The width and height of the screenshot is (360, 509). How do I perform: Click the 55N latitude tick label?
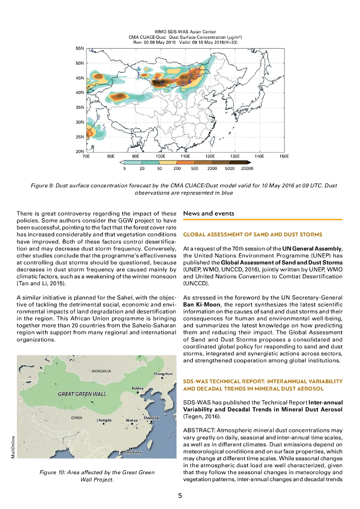click(80, 49)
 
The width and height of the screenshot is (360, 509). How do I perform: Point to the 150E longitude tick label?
click(284, 156)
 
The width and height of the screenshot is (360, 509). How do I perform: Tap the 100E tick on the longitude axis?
click(160, 156)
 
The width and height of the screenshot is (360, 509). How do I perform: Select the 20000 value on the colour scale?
click(247, 169)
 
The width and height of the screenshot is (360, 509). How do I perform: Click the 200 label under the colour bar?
click(177, 169)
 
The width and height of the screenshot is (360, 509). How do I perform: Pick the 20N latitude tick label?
click(80, 151)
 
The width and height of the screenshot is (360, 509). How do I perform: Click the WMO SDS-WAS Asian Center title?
click(180, 32)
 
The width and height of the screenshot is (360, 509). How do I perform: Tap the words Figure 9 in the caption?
click(42, 185)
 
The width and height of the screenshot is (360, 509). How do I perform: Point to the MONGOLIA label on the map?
click(101, 371)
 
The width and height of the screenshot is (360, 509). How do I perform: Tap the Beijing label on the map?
click(138, 388)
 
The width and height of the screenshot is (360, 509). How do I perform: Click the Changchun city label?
click(163, 373)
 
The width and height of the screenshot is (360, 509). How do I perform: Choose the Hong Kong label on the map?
click(133, 452)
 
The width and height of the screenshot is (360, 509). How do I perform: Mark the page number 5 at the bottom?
click(180, 495)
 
